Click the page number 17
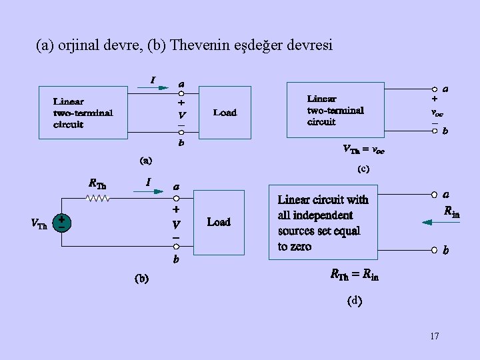[435, 335]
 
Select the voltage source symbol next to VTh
[62, 223]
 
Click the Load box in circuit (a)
[225, 113]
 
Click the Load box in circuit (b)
[219, 222]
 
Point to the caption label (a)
[145, 160]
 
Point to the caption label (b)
[141, 278]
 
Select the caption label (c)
[363, 169]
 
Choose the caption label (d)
[355, 301]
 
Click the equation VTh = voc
[363, 149]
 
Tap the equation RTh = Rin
[354, 275]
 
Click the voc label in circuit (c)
[437, 112]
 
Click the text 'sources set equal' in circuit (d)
[319, 231]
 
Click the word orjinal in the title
[82, 45]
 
